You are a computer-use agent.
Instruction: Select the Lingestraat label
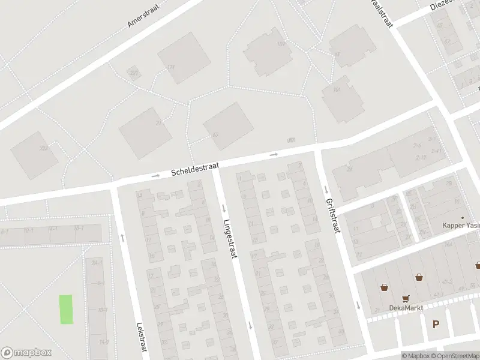click(230, 236)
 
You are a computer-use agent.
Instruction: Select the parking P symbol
click(436, 325)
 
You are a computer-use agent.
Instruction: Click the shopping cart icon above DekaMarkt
click(406, 298)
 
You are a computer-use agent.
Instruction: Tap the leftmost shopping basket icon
click(383, 287)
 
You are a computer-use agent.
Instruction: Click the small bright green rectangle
click(66, 310)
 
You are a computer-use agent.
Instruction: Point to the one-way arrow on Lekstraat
click(122, 238)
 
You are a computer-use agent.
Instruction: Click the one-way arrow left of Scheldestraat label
click(155, 176)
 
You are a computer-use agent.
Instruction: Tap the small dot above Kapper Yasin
click(462, 217)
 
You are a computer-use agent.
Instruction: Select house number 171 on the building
click(171, 67)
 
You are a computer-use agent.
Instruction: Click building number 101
click(337, 91)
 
